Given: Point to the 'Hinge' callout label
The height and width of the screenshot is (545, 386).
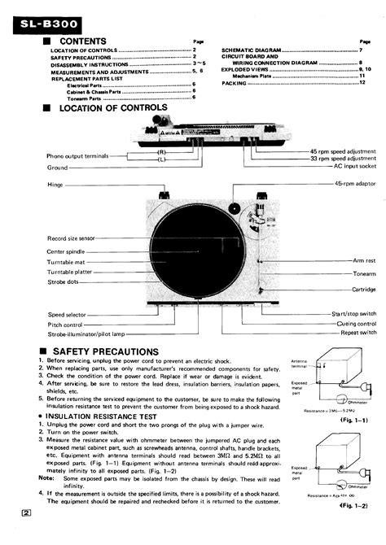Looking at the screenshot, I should tap(56, 185).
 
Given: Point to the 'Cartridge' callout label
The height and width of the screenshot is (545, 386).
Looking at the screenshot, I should tap(363, 289).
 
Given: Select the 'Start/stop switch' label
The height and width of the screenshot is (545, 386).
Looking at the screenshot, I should tap(353, 314).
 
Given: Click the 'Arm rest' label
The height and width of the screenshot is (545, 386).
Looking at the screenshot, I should tap(363, 260).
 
